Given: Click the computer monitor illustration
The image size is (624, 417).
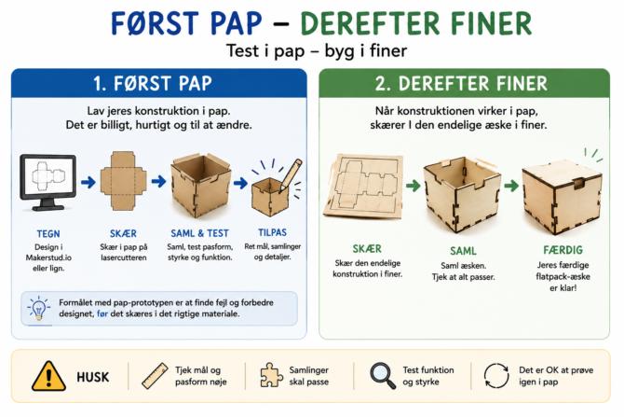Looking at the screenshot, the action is coord(48,182).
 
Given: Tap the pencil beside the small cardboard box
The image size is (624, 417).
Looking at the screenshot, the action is coord(291,175).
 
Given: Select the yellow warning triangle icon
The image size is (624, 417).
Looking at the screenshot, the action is coord(48,376).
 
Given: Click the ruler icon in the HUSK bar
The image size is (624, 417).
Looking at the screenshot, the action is coord(155,376).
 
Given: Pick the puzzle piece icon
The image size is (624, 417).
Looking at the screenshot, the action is coord(271,375).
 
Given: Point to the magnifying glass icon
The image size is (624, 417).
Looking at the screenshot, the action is coord(383,376).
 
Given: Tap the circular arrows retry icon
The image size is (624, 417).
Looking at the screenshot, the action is coord(496,376).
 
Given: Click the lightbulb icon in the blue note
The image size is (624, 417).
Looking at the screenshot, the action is coord(38,308).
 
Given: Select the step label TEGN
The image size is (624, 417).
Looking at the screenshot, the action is coord(48,234).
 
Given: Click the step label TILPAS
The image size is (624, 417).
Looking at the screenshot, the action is coord(272,232).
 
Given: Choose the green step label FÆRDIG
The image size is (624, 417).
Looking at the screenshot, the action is coord(563,250).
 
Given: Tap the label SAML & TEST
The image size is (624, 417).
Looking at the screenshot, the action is coord(200,233).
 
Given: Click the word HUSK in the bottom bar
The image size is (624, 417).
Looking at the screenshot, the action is coord(93,377).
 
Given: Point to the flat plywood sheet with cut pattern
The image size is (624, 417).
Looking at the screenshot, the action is coord(363,186).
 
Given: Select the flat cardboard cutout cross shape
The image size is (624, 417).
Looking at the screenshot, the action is coord(123,181).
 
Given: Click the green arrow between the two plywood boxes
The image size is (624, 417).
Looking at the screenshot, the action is coord(511,186).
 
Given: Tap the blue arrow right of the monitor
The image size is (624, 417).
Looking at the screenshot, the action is coord(88,183).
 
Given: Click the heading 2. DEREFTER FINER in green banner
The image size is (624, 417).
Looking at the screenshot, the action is coord(461,84).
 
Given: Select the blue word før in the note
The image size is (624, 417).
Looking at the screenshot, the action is coord(102,313).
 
